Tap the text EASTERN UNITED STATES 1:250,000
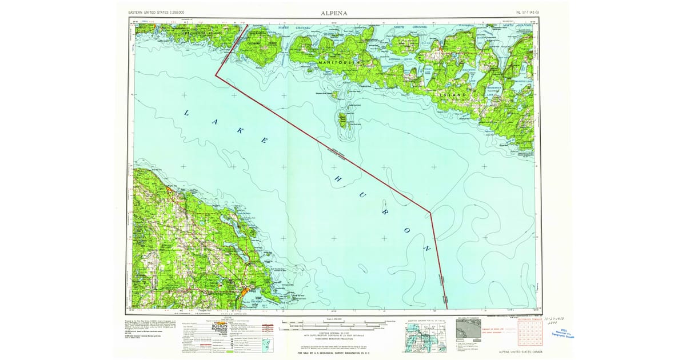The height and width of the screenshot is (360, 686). pyautogui.click(x=160, y=12)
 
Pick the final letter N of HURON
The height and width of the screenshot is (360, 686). pyautogui.click(x=426, y=249)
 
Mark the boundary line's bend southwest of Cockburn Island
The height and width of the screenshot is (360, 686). pyautogui.click(x=216, y=75)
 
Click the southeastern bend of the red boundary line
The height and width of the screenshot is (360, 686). pyautogui.click(x=430, y=213)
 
